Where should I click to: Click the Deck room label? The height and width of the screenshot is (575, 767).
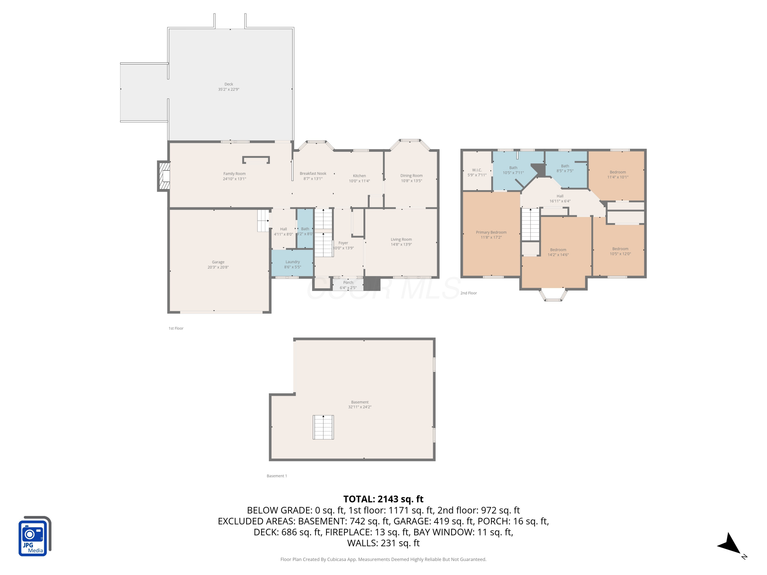coord(229,84)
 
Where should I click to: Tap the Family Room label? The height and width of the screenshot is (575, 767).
coord(234,174)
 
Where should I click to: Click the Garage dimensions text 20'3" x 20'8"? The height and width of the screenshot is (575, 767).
coord(218,267)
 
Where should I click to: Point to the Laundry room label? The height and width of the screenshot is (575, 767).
coord(293,262)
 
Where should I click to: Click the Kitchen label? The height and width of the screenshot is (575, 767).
coord(359,176)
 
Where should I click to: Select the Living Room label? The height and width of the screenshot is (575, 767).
coord(401,239)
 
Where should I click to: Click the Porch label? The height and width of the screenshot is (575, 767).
coord(348,282)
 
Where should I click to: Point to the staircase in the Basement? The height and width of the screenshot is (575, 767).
coord(323,427)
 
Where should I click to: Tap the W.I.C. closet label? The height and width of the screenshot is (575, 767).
coord(477,170)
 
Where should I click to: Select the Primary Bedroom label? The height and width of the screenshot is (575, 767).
coord(491,232)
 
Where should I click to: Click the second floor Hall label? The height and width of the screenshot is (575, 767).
coord(560,196)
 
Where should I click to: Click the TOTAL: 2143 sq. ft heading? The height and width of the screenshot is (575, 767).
coord(383,499)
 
